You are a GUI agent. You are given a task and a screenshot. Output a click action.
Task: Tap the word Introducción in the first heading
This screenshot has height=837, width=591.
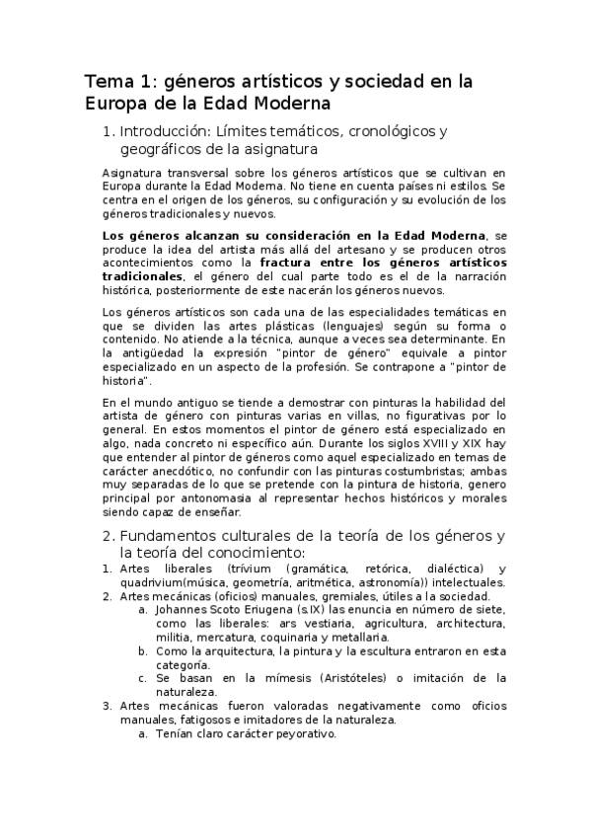point(168,131)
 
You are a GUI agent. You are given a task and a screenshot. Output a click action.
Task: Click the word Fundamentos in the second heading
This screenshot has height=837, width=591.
point(170,536)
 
